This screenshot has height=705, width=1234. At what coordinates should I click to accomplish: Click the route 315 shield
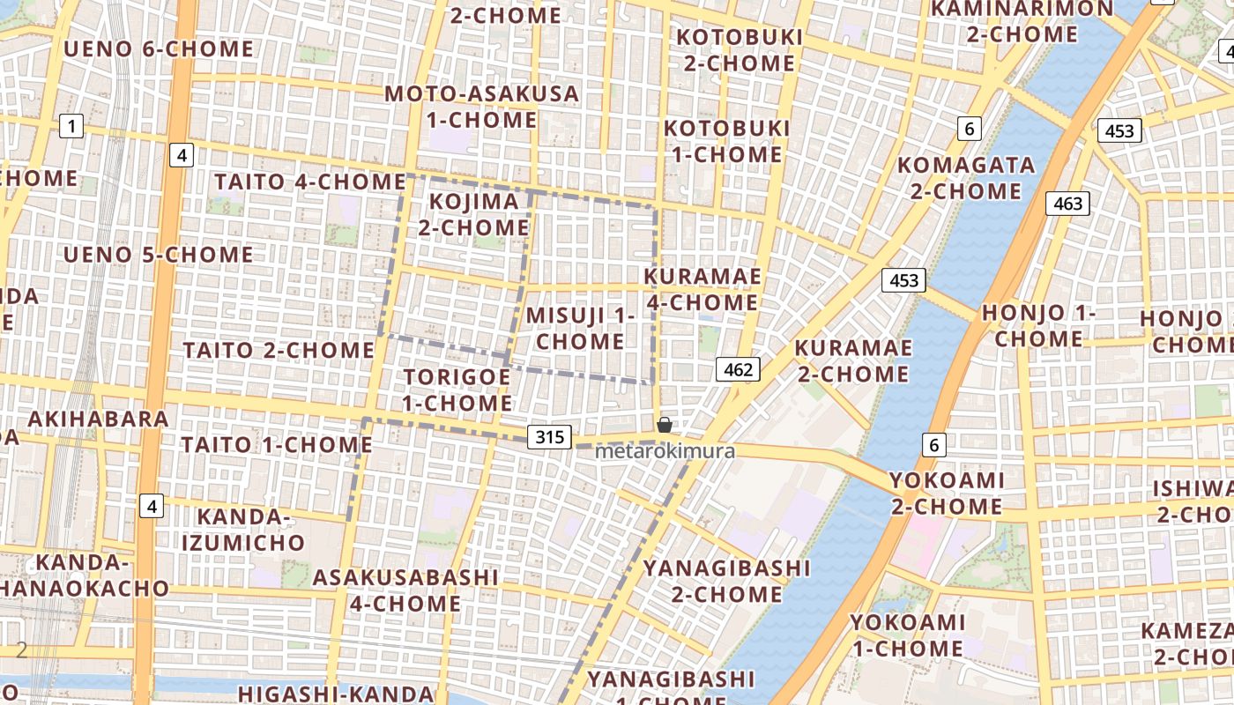(549, 436)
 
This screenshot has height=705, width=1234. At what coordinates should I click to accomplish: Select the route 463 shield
(1067, 204)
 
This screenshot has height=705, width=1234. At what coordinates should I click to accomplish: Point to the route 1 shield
(71, 127)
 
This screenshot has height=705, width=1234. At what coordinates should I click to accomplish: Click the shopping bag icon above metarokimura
(665, 425)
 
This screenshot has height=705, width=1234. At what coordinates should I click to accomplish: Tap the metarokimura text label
(665, 451)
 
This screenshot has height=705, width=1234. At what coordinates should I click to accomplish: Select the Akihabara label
(98, 419)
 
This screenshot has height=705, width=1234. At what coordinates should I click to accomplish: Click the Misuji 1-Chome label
(580, 328)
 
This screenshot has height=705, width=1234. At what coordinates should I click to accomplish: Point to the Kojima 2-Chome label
(474, 214)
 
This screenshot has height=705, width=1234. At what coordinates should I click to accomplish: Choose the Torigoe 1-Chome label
(457, 390)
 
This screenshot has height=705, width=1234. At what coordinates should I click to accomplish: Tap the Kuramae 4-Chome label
(702, 289)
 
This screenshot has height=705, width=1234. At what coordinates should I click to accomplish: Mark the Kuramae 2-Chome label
(852, 360)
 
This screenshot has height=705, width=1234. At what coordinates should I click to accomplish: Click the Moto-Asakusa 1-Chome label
(482, 106)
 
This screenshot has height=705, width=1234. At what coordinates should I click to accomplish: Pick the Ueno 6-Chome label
(159, 48)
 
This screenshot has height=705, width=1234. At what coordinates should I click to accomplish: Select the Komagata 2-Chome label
(965, 178)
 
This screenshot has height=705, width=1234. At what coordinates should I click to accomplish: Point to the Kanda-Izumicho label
(243, 529)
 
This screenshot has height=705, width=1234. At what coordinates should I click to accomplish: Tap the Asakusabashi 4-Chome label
(405, 590)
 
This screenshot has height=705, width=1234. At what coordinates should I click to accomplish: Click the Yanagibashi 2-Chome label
(726, 581)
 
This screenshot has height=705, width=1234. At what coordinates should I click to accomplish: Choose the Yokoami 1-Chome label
(907, 635)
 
